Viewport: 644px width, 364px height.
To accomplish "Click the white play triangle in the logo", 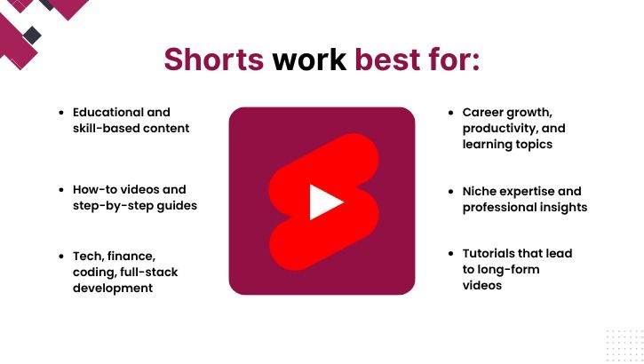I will pyautogui.click(x=324, y=202).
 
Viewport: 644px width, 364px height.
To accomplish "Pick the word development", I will pyautogui.click(x=113, y=288).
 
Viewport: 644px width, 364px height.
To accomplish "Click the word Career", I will pyautogui.click(x=485, y=113).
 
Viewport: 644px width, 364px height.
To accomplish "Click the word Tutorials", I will pyautogui.click(x=492, y=254).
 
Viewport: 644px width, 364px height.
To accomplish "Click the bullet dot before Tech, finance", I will pyautogui.click(x=60, y=256).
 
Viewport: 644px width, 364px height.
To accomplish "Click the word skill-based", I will pyautogui.click(x=105, y=129).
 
